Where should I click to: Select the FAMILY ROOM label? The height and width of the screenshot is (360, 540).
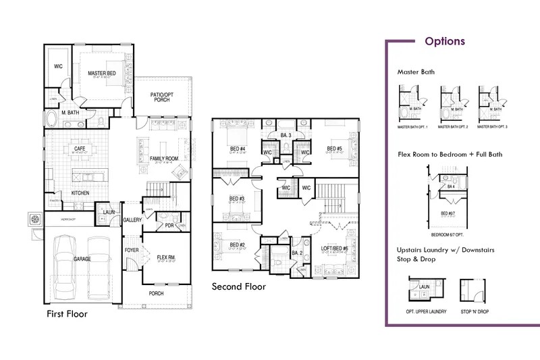164,158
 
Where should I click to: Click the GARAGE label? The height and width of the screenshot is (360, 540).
83,259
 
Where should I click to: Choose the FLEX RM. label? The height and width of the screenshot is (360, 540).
166,257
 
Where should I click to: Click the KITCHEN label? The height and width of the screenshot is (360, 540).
81,193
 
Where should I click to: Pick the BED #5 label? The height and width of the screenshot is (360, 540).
335,149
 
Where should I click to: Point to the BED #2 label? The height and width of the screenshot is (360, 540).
236,245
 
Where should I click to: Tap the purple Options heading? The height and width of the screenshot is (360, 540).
444,41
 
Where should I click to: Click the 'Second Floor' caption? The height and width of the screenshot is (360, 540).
238,287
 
